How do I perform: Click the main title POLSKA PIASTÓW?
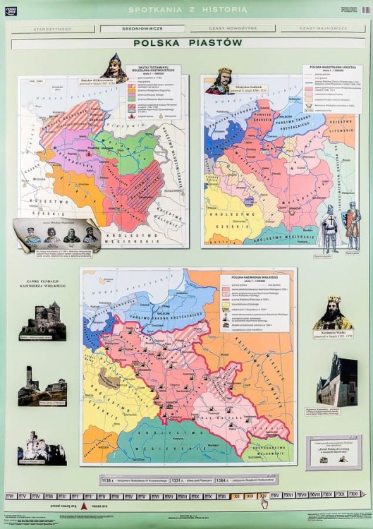tap(188, 43)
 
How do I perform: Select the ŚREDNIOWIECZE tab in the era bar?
tap(142, 29)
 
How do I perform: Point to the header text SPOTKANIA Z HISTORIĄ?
tap(188, 9)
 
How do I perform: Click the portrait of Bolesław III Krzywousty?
tap(114, 68)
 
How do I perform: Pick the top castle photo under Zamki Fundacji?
tap(43, 319)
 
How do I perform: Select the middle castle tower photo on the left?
tap(42, 387)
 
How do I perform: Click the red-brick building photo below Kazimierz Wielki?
tap(336, 380)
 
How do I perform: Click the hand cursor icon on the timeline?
tap(264, 501)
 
